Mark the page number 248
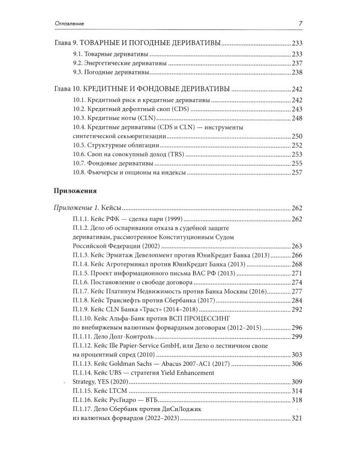pos(298,119)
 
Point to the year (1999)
pos(178,218)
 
